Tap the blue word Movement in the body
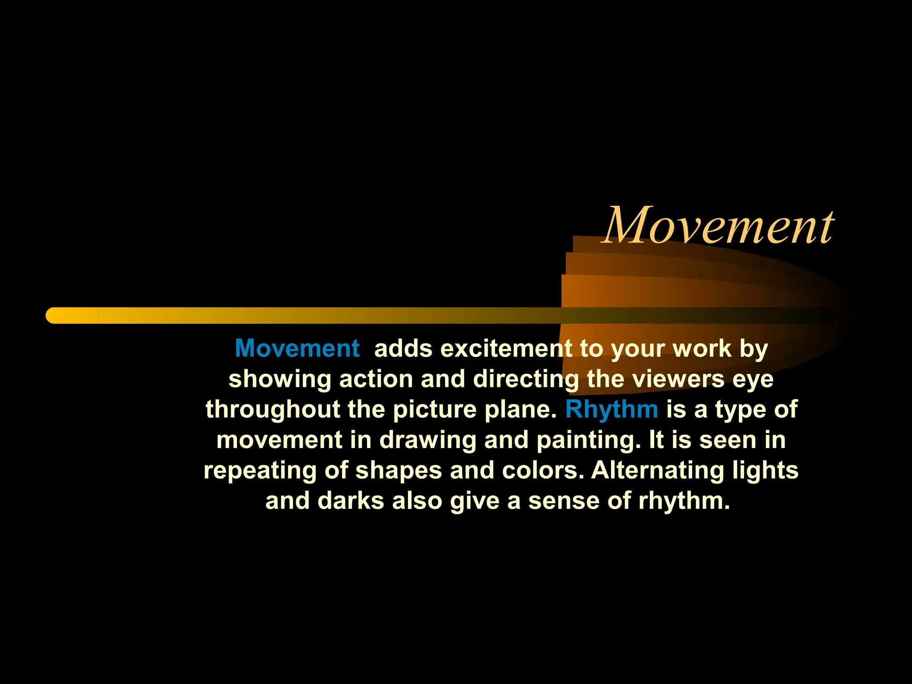click(297, 348)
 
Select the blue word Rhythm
click(611, 409)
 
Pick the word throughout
click(273, 410)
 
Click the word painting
click(588, 440)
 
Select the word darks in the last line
click(350, 501)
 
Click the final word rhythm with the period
click(684, 501)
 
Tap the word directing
click(526, 379)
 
